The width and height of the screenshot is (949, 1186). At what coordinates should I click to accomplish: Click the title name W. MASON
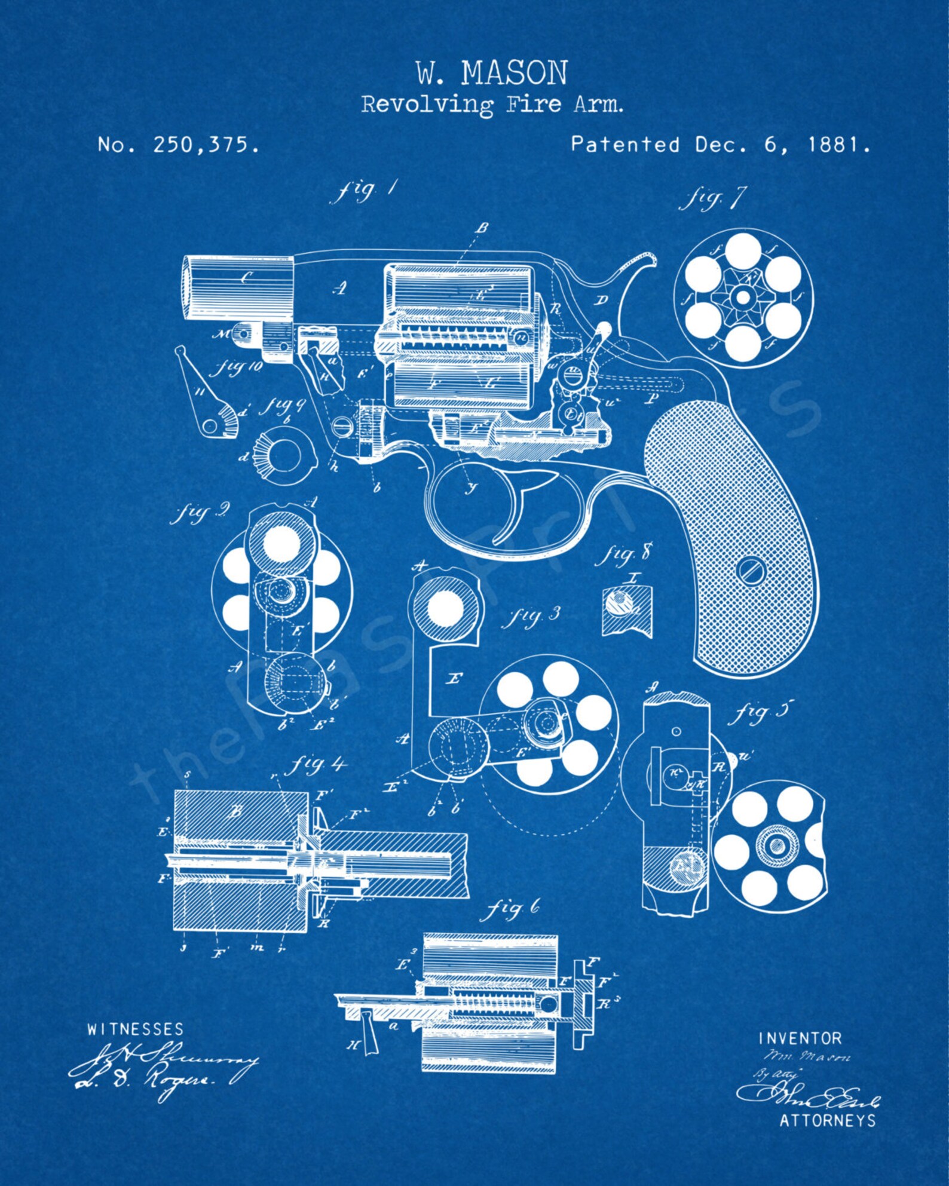491,73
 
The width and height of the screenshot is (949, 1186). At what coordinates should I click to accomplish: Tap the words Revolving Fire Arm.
492,105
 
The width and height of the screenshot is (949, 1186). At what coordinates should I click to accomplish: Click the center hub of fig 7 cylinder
743,296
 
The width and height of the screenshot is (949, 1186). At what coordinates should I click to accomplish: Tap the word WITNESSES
136,1029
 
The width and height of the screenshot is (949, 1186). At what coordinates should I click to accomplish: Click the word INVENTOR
800,1038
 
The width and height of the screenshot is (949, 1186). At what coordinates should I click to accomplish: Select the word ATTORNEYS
827,1120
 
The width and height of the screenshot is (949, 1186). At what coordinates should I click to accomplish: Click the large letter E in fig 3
454,679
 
